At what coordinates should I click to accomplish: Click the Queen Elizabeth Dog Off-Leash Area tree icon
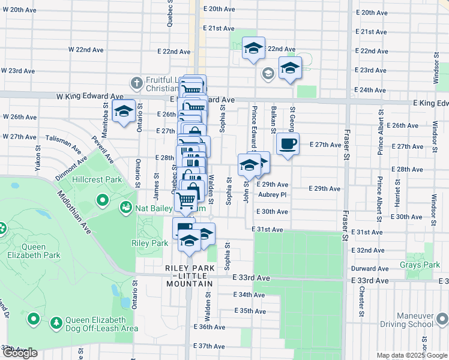56,323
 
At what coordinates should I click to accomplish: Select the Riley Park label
149,243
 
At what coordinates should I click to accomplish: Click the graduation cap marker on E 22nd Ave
253,47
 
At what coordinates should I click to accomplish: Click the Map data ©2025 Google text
411,355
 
